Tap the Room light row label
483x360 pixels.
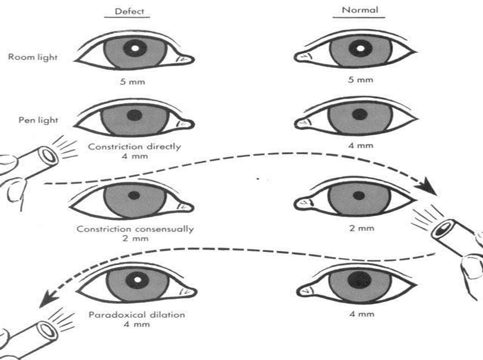pyautogui.click(x=32, y=57)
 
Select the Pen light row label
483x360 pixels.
pyautogui.click(x=37, y=120)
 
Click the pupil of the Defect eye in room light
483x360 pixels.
pyautogui.click(x=136, y=49)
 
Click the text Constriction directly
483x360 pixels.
pyautogui.click(x=135, y=146)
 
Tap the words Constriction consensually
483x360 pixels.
pyautogui.click(x=135, y=229)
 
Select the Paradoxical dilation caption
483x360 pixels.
pyautogui.click(x=136, y=314)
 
